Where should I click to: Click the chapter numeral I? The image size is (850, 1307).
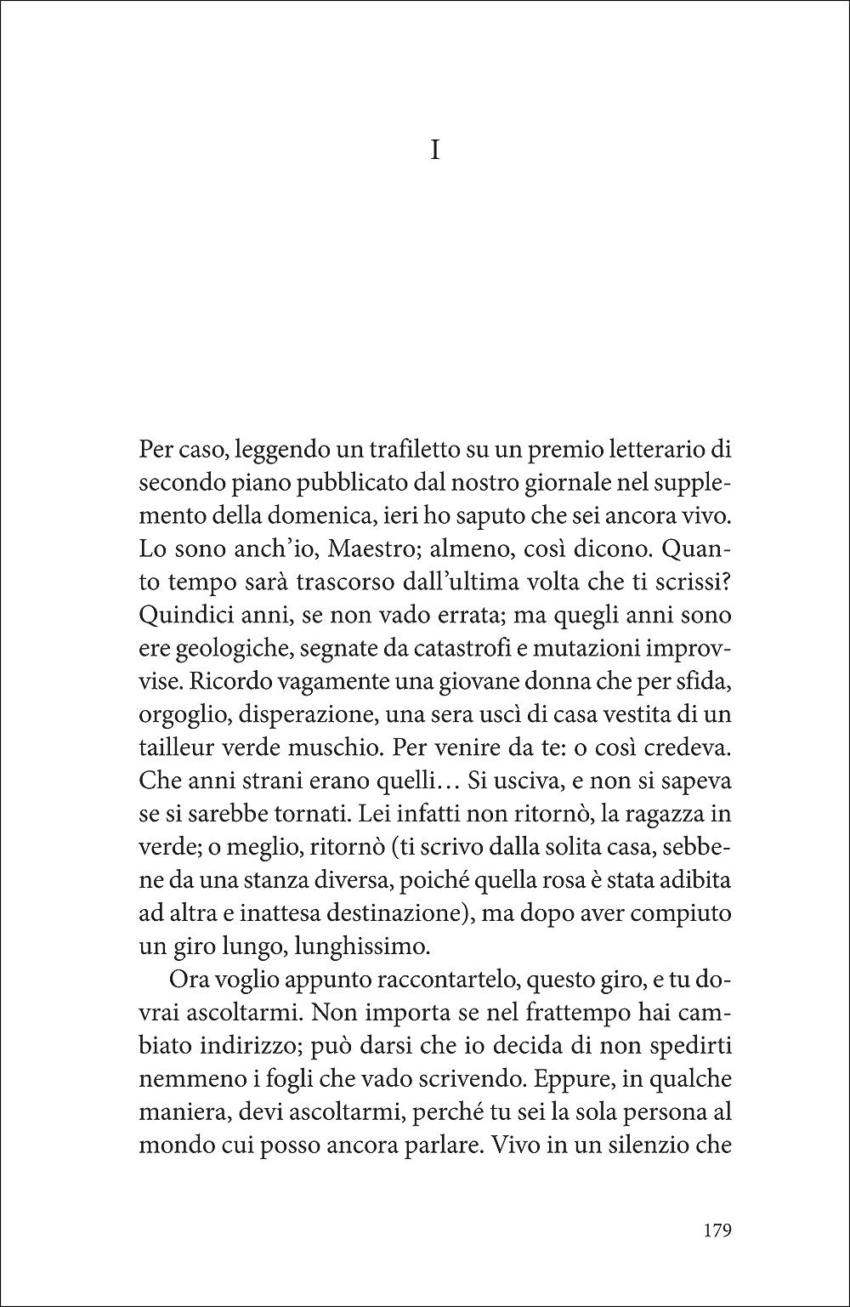(x=435, y=152)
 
